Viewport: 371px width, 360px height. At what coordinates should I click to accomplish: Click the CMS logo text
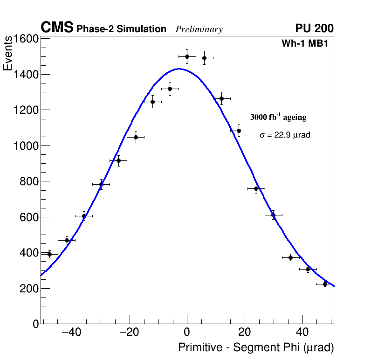click(x=57, y=28)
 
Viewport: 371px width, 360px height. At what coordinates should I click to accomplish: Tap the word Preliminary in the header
click(x=199, y=29)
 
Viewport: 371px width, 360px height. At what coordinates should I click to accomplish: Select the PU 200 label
click(x=314, y=28)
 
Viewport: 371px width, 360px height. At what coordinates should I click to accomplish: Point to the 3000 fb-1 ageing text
click(x=278, y=117)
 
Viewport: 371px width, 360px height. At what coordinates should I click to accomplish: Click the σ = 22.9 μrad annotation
click(x=285, y=135)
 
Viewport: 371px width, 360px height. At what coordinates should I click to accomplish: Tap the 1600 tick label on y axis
click(x=25, y=39)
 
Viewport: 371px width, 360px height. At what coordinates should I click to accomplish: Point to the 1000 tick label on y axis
click(x=25, y=145)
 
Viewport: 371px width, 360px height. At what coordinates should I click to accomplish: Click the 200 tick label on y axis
click(x=28, y=288)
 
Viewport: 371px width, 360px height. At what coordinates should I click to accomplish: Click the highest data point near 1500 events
click(x=187, y=56)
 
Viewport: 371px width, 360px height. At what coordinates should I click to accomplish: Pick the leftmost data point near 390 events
click(x=49, y=254)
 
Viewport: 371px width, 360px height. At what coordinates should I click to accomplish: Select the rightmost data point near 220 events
click(x=325, y=284)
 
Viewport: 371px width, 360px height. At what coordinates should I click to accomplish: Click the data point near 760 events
click(x=256, y=188)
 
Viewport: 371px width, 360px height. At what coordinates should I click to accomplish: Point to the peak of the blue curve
click(x=179, y=69)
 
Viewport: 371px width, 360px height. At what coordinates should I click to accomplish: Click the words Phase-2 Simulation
click(x=121, y=29)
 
